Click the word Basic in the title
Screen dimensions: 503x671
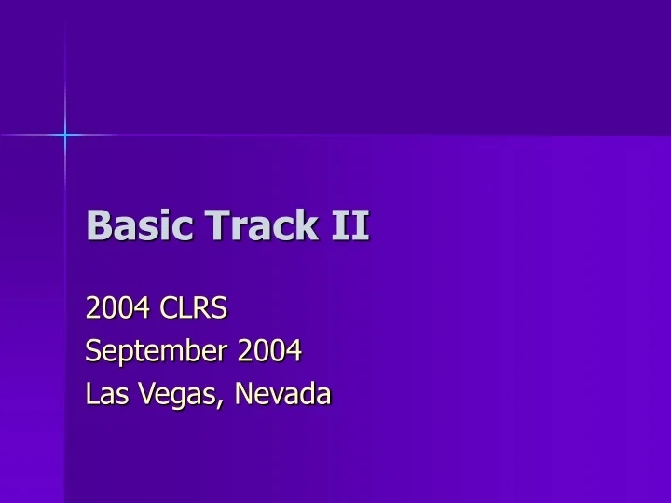(x=130, y=226)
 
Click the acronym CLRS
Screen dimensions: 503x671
(x=192, y=306)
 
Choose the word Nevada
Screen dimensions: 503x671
(x=283, y=395)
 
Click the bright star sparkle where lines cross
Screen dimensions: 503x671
(x=65, y=136)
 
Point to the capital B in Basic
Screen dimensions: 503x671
(x=97, y=226)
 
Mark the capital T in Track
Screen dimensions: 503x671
(x=212, y=226)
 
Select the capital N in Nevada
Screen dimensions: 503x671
(x=245, y=395)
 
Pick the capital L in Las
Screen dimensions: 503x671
(x=90, y=395)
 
